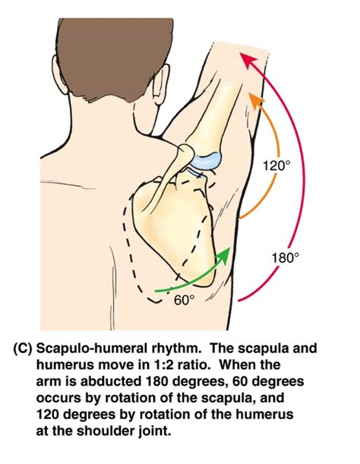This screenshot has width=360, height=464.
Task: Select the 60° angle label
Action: [x=185, y=301]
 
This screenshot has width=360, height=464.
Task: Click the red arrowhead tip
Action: [x=240, y=53]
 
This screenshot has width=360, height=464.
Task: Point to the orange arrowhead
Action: [x=254, y=100]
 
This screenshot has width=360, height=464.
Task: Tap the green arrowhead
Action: [x=223, y=255]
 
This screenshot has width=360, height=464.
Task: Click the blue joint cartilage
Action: [x=206, y=162]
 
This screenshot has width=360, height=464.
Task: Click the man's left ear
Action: [x=161, y=83]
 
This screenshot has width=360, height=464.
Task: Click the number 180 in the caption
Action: [x=157, y=381]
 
